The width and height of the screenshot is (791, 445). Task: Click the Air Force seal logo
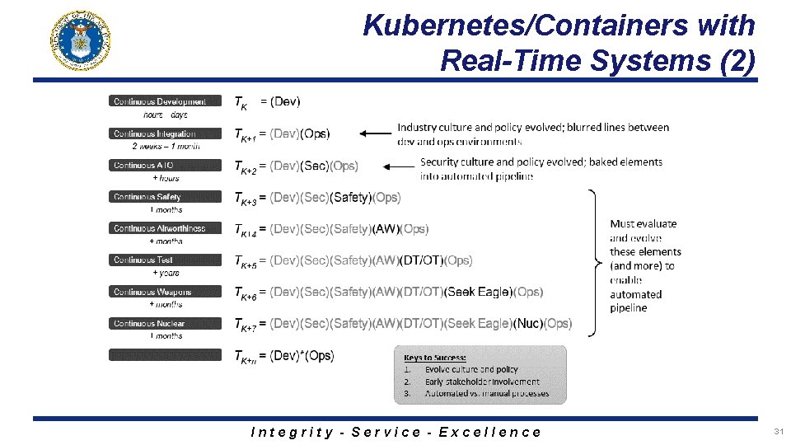coord(81,41)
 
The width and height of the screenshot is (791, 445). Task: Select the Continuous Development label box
coord(166,101)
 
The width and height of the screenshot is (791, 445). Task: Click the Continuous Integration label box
coord(166,133)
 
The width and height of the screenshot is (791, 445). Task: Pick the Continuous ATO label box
coord(166,165)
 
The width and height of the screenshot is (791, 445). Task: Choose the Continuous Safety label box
coord(166,197)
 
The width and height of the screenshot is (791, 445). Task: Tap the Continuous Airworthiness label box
coord(166,228)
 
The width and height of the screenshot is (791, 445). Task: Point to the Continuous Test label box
coord(166,260)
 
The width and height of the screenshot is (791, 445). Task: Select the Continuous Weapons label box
coord(166,292)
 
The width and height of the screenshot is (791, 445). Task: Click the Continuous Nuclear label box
coord(166,323)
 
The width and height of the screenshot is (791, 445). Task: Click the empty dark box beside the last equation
coord(166,354)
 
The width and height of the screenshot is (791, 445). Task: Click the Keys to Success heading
coord(435,357)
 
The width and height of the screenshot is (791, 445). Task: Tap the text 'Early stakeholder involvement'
coord(482,382)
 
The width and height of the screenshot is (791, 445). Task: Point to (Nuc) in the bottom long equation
coord(528,324)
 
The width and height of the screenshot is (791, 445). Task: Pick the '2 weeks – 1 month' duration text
coord(166,147)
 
